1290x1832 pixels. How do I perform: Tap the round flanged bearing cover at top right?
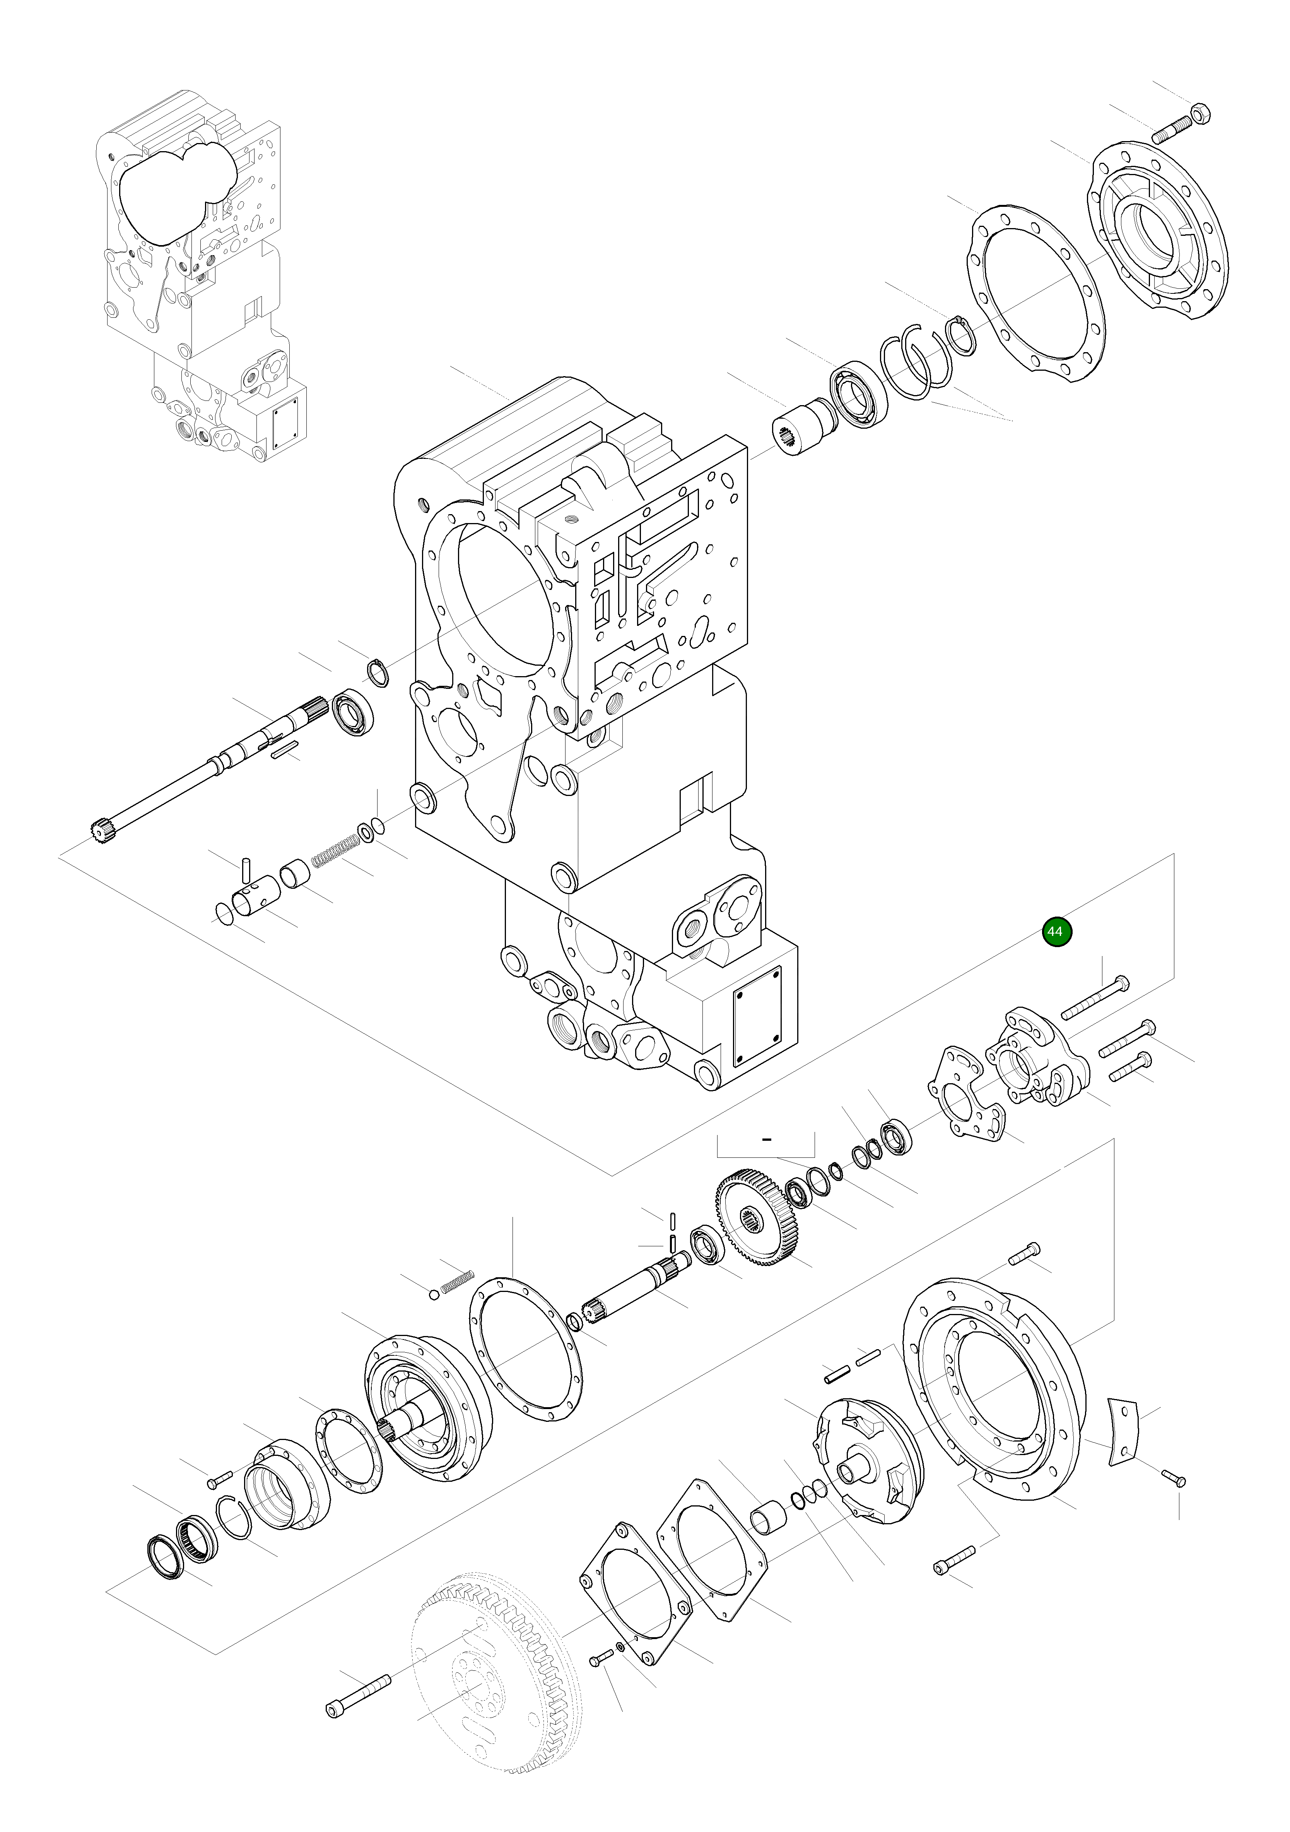pyautogui.click(x=1157, y=232)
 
